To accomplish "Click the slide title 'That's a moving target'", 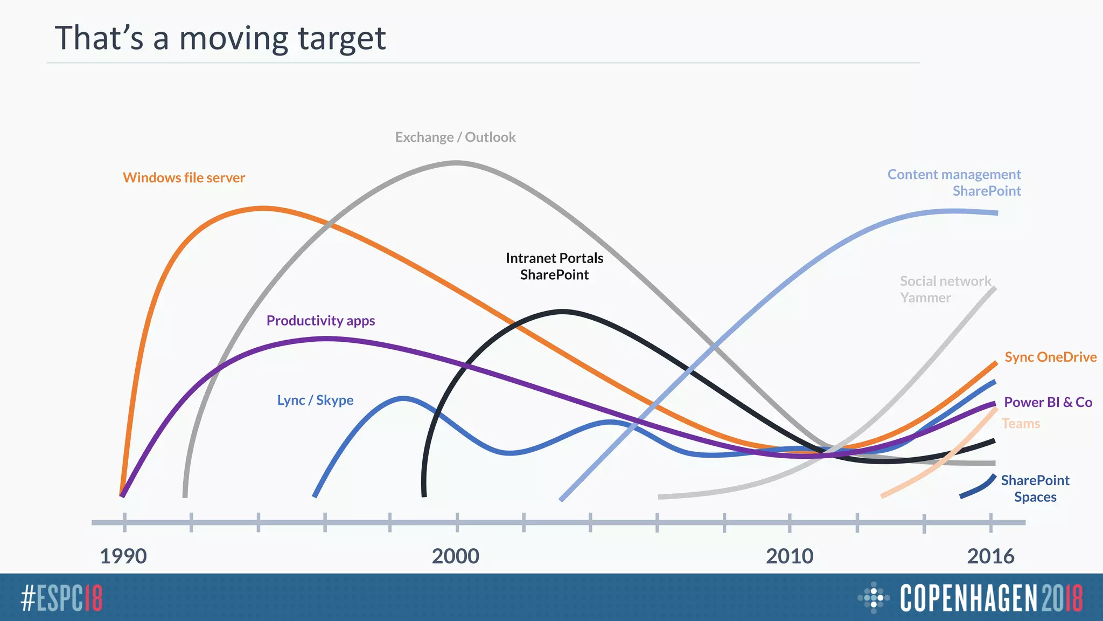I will tap(220, 39).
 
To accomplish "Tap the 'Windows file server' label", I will tap(184, 177).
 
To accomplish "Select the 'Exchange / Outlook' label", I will tap(455, 137).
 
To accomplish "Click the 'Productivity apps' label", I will tap(320, 320).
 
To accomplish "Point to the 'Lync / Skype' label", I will tap(315, 400).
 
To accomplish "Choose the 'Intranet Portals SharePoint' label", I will tap(554, 266).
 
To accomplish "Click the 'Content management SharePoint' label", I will tap(954, 182).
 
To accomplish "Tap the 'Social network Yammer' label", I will tap(945, 289).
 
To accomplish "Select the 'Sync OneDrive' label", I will tap(1050, 357).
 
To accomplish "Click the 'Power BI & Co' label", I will tap(1048, 402).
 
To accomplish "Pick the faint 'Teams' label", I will tap(1021, 424).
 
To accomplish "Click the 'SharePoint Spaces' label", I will tap(1035, 488).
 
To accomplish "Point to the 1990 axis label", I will tap(123, 556).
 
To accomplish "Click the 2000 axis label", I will tap(455, 556).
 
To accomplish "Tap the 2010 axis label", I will tap(790, 556).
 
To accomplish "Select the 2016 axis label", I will tap(990, 556).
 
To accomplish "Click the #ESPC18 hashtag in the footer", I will tap(61, 598).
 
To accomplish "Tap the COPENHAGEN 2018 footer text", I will tap(991, 598).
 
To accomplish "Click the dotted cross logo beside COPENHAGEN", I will tap(873, 597).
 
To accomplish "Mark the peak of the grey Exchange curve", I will tap(456, 162).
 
